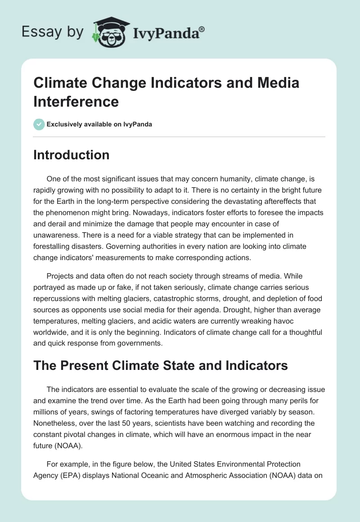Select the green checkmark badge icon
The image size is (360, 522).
point(39,124)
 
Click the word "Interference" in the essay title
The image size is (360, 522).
point(76,101)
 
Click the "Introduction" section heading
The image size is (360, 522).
point(71,155)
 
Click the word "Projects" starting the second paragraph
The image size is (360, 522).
point(61,276)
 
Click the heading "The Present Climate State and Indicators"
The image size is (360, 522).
point(161,365)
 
